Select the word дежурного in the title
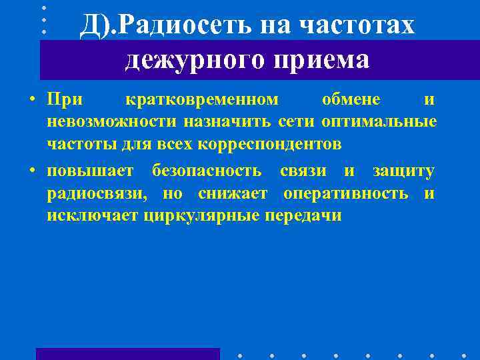184,60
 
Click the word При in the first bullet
65,100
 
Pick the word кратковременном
202,100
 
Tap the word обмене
351,100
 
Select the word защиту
403,171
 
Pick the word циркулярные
202,215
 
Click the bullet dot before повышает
31,171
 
